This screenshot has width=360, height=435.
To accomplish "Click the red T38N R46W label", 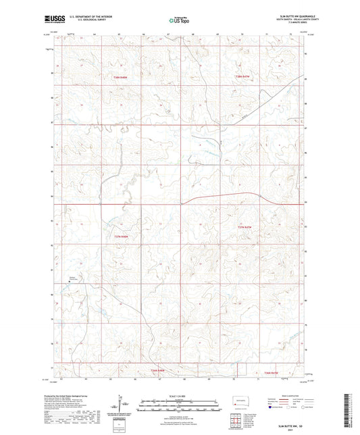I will (121, 78).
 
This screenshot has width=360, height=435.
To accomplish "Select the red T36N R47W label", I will (271, 372).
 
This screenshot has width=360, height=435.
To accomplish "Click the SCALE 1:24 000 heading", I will (178, 395).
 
